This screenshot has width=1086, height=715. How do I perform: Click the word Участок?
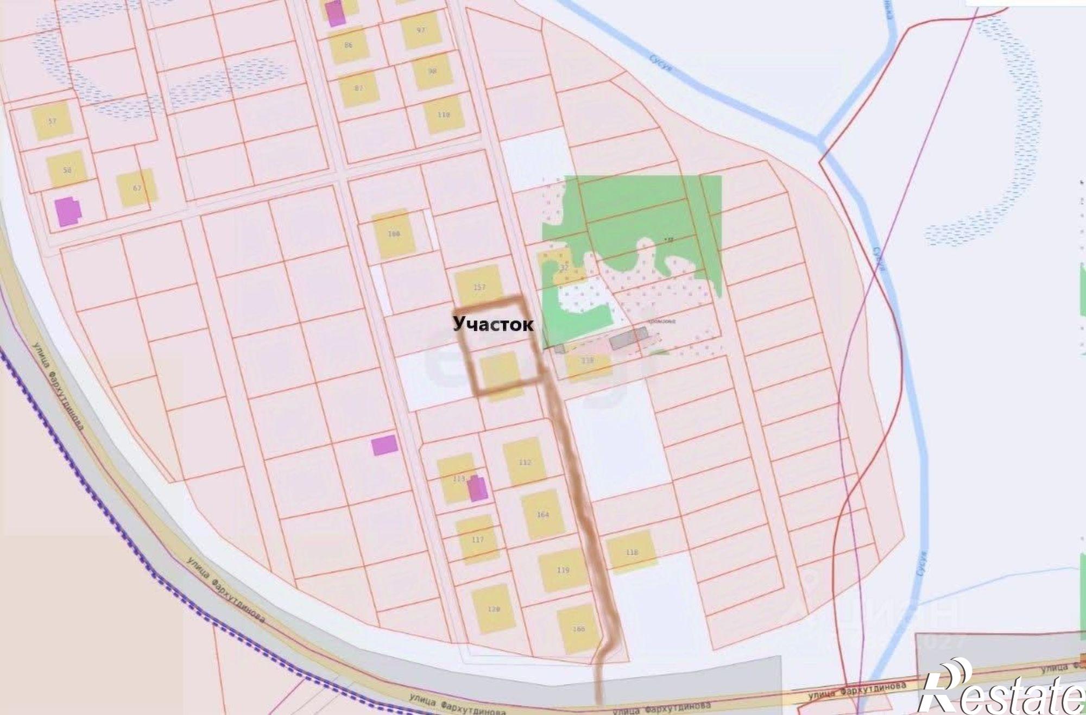coord(493,324)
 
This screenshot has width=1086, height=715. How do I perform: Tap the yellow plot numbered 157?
coord(479,286)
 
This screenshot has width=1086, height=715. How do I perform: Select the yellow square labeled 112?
coord(524,462)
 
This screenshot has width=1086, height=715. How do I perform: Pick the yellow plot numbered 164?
coord(542,514)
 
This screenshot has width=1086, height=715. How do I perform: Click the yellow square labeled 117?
coord(477,539)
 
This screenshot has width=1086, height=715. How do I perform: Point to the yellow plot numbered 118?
coord(631,552)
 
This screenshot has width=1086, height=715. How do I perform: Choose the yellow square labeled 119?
coord(563,570)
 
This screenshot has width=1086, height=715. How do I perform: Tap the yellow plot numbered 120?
coord(493,609)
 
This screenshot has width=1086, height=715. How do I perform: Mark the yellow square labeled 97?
coord(421,30)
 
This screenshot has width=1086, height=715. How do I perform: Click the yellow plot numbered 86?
coord(349,45)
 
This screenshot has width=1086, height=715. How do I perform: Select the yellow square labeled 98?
coord(432,71)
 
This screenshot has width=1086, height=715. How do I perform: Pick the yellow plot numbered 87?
coord(358,88)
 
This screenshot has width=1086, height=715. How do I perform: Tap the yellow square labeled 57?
coord(52,121)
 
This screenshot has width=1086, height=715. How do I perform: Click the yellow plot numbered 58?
coord(67,169)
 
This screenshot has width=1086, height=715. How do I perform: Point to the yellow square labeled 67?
coord(137,188)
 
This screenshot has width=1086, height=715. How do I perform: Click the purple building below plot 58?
coord(68,211)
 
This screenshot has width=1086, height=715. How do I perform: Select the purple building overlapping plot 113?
coord(477,489)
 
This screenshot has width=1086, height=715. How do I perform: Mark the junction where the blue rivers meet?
coord(819,140)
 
